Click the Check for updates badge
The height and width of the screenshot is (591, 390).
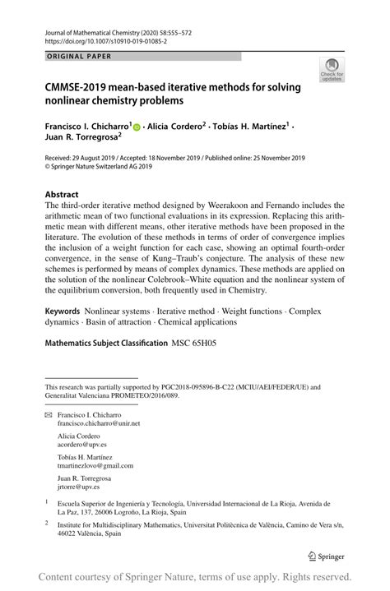click(335, 71)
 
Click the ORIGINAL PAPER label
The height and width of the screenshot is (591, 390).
click(72, 57)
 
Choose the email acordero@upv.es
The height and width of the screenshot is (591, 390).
click(81, 444)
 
